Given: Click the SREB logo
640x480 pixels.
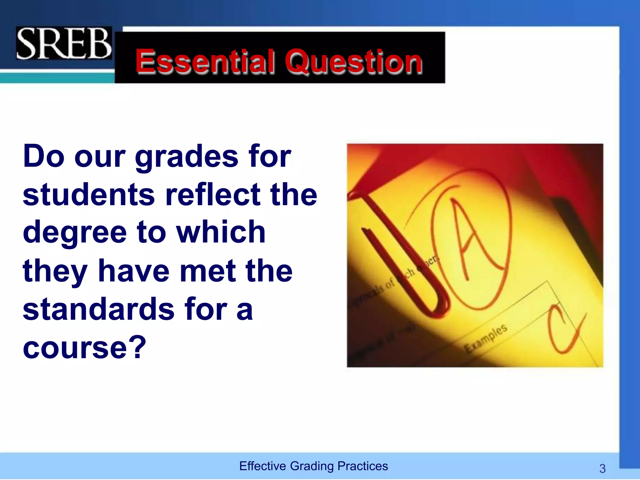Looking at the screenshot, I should pos(64,43).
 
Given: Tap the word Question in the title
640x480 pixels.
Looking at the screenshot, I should pos(353,62).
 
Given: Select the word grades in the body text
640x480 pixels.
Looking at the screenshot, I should pos(186,157).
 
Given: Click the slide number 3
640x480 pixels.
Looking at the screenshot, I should pos(602,468).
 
